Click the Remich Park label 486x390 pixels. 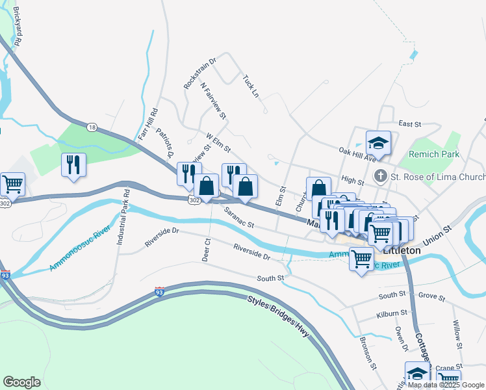point(434,154)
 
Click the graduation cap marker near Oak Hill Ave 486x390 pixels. point(378,142)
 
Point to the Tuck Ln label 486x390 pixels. point(250,86)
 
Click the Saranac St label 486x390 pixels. point(238,218)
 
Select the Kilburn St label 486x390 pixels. point(391,313)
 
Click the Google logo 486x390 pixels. point(21,382)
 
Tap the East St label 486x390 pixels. point(410,123)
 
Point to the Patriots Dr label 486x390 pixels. point(164,142)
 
